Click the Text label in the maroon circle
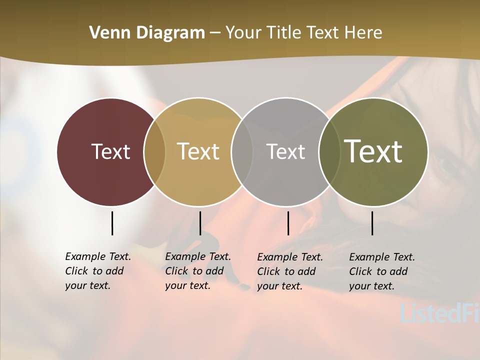tap(110, 151)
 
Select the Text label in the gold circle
tap(198, 151)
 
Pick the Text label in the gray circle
tap(285, 151)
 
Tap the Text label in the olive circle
tap(373, 151)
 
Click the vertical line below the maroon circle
tap(112, 223)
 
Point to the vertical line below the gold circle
tap(200, 223)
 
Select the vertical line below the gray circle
tap(288, 223)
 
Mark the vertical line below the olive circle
tap(372, 223)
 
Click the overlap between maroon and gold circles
tap(154, 151)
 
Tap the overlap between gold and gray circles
tap(242, 151)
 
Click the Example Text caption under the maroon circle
tap(97, 271)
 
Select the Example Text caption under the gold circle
tap(197, 271)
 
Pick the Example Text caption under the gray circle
tap(289, 271)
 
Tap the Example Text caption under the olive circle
tap(381, 271)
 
